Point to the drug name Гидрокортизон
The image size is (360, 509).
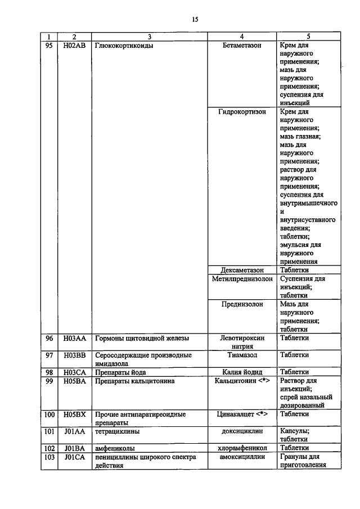pyautogui.click(x=242, y=111)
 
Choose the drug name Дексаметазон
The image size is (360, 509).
pyautogui.click(x=242, y=270)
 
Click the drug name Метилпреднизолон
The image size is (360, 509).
pyautogui.click(x=242, y=278)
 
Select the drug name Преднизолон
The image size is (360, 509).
pyautogui.click(x=242, y=304)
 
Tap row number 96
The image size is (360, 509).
pyautogui.click(x=49, y=338)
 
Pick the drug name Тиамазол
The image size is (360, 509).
pyautogui.click(x=242, y=355)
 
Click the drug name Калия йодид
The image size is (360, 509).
pyautogui.click(x=242, y=372)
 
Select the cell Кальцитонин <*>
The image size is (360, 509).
pyautogui.click(x=242, y=381)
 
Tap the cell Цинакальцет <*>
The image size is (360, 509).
pyautogui.click(x=242, y=414)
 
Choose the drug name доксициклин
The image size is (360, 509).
pyautogui.click(x=242, y=432)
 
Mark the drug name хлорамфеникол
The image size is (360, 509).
pyautogui.click(x=242, y=448)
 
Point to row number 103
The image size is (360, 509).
pyautogui.click(x=49, y=457)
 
